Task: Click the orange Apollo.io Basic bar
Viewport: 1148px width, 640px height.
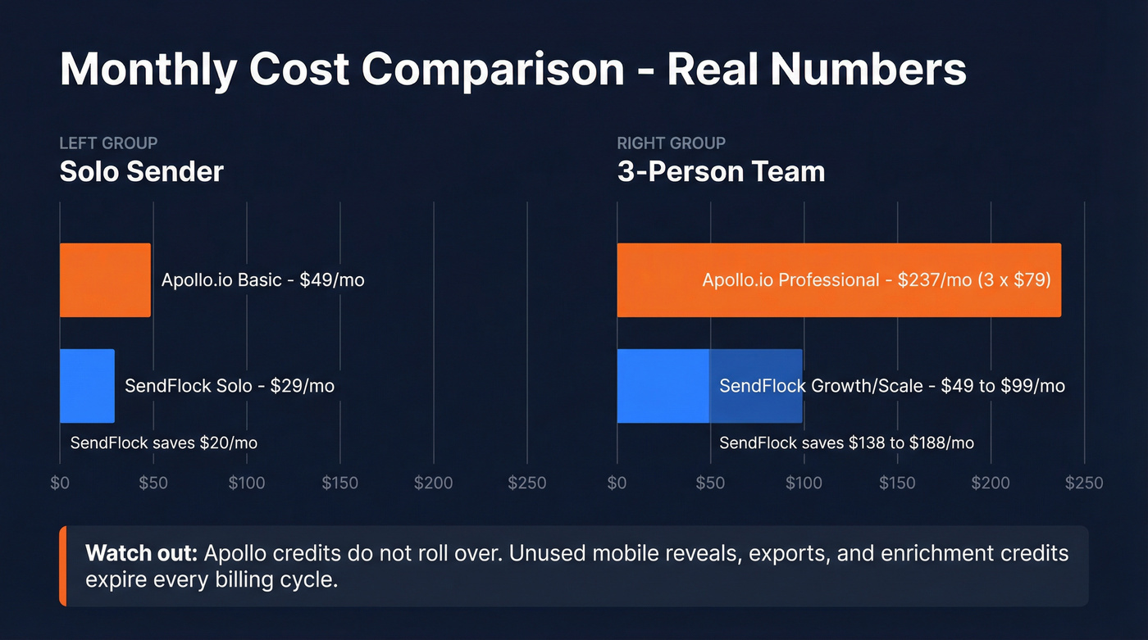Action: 105,280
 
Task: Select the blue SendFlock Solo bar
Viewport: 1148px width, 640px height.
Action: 87,385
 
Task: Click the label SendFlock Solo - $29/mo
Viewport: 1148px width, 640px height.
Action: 230,385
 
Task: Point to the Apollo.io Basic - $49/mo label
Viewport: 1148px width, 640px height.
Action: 262,280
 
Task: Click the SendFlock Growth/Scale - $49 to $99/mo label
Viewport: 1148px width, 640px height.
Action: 892,385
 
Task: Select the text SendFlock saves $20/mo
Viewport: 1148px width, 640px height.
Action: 164,443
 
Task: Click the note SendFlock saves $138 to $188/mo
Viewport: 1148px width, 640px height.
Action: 846,443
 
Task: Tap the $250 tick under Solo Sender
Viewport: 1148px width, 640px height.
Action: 526,483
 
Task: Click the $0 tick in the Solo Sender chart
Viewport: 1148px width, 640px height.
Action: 60,483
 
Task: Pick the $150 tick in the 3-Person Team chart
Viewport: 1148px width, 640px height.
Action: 897,483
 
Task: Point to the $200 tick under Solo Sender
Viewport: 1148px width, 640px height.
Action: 433,483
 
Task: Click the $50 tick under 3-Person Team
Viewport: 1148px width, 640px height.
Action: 710,483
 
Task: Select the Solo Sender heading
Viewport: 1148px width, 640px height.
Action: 141,172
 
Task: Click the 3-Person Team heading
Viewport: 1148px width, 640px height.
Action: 721,172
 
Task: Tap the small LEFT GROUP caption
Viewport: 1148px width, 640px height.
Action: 108,143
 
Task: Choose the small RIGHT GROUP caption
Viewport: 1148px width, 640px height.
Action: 671,143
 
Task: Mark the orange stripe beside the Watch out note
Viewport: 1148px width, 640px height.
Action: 62,566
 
